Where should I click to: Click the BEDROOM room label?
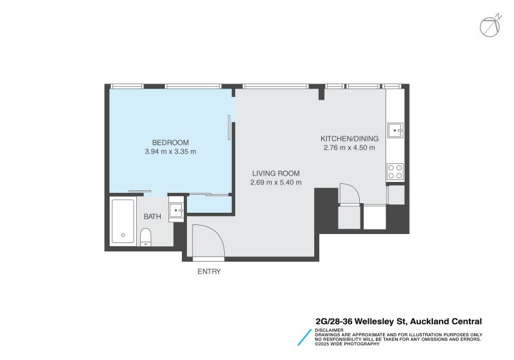[170, 143]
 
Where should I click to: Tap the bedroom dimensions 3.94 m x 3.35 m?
[170, 152]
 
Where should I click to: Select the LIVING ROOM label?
[276, 173]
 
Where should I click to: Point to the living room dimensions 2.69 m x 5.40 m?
[276, 183]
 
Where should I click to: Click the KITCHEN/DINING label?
[350, 138]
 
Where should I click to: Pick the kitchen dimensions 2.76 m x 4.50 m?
[350, 148]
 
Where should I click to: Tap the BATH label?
[152, 217]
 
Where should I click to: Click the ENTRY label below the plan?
[209, 272]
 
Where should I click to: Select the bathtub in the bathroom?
[123, 221]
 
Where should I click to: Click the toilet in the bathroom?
[146, 237]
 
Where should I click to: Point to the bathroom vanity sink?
[176, 210]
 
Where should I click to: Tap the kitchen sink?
[395, 130]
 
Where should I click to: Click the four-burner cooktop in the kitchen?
[394, 171]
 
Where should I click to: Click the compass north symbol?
[489, 25]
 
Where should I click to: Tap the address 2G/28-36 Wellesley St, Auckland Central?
[398, 321]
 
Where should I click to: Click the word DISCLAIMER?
[330, 330]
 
